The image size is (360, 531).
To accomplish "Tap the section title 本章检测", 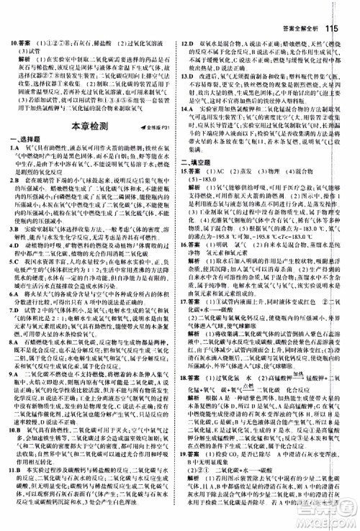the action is (x=80, y=106).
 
